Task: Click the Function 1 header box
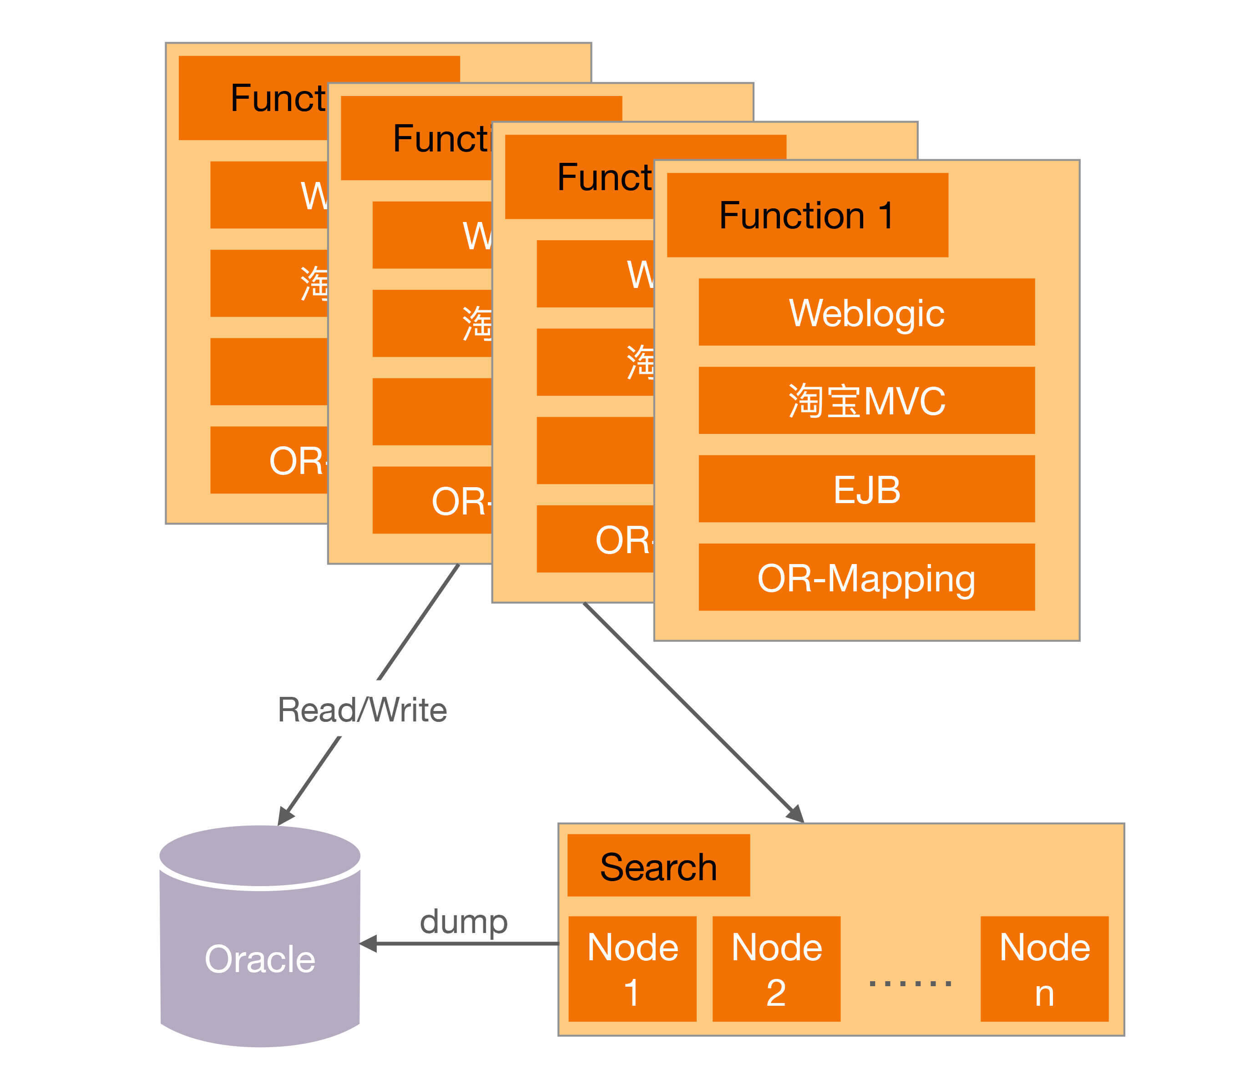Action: click(807, 215)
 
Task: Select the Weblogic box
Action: click(866, 313)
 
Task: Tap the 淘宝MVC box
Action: click(866, 400)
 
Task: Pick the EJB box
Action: click(866, 489)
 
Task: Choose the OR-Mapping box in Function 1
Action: click(866, 577)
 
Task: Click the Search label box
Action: click(658, 865)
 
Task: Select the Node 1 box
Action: click(632, 968)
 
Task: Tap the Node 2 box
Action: click(776, 968)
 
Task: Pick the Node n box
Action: click(1044, 968)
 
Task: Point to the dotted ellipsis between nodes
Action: click(910, 983)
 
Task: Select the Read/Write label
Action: click(362, 709)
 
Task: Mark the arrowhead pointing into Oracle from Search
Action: click(368, 944)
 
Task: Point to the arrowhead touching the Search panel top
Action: click(796, 814)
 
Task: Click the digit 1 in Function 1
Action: click(887, 215)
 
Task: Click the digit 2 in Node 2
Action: click(776, 993)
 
